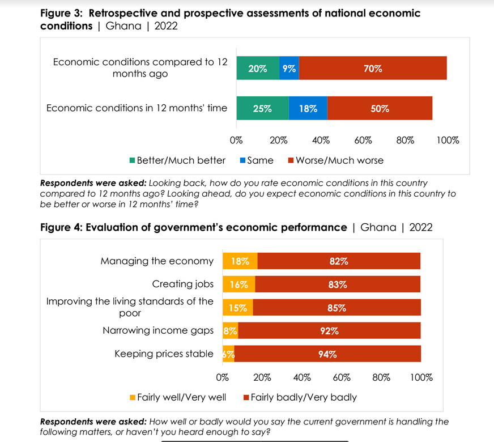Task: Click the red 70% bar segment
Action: click(373, 69)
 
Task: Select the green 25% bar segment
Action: click(262, 108)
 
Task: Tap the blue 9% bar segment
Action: click(289, 69)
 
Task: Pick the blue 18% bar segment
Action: click(308, 108)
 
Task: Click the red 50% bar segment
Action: click(380, 108)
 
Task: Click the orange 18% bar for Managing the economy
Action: click(240, 261)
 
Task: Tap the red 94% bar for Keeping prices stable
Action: click(327, 354)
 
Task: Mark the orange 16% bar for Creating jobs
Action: click(239, 284)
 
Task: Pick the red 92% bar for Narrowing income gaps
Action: click(329, 331)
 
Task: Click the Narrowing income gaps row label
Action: click(158, 330)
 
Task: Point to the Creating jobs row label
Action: click(182, 284)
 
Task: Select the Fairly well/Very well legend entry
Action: click(178, 397)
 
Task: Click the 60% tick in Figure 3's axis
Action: click(363, 140)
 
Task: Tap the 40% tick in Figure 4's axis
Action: click(302, 377)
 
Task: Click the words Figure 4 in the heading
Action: click(61, 227)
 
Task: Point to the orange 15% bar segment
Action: click(238, 308)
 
